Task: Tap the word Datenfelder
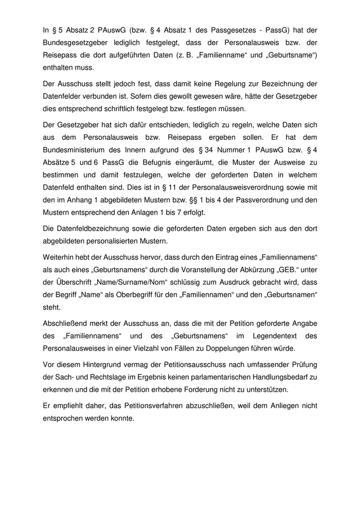(x=65, y=96)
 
